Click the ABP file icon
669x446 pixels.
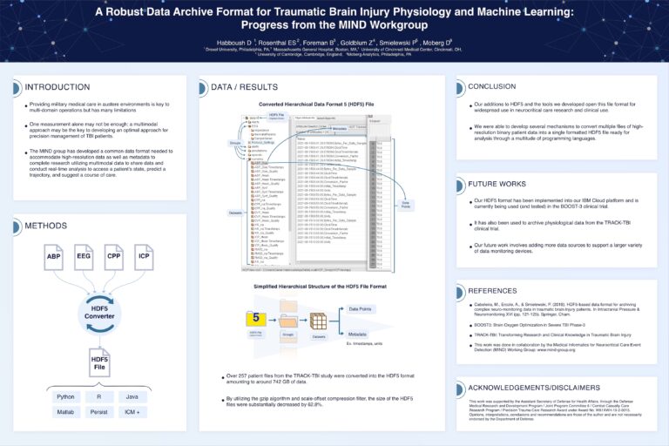coord(54,259)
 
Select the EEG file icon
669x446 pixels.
coord(84,259)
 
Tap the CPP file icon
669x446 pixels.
coord(113,259)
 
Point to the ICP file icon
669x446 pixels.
coord(143,259)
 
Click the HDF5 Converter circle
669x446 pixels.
coord(98,312)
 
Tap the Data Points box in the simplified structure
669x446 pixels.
coord(366,308)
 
